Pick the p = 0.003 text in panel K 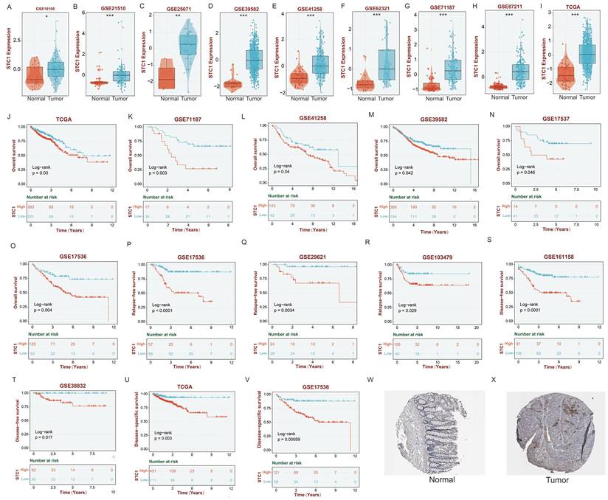(x=159, y=176)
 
